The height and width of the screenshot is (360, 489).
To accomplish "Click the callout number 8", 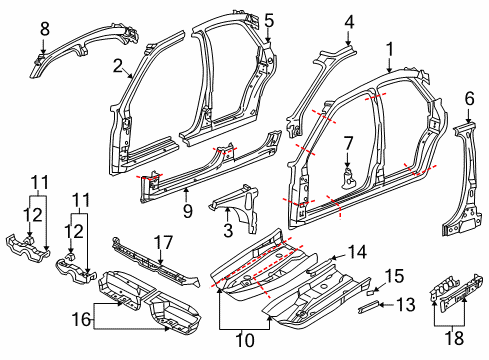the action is (x=45, y=29).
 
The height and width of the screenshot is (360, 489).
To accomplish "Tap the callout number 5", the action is (x=269, y=21).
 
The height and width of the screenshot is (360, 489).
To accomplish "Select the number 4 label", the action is (x=349, y=22).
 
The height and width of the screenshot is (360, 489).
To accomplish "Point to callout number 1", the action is (x=390, y=49).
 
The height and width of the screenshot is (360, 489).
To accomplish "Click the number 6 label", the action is (x=469, y=99).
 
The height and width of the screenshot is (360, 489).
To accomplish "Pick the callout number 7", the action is (x=348, y=144).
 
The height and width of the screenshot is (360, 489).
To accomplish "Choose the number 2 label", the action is (x=118, y=66).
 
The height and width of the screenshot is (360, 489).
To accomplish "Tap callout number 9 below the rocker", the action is (x=188, y=211).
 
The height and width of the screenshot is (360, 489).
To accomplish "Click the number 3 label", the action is (x=228, y=230).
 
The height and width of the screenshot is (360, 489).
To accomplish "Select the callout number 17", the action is (x=163, y=242).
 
